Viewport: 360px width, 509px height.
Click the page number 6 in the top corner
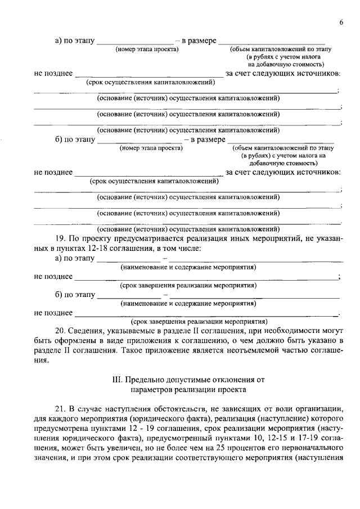pos(341,22)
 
